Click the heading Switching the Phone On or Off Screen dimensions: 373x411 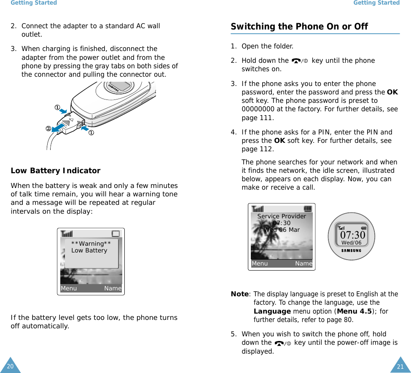pos(299,27)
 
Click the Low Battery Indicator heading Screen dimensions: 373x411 pos(55,171)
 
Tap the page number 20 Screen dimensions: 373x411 pos(10,366)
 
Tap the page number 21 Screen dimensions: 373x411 pos(400,366)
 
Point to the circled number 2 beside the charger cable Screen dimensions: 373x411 pos(49,128)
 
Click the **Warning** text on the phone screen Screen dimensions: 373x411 pos(91,244)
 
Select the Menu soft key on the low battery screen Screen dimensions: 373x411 pos(69,289)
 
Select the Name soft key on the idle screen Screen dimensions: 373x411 pos(304,264)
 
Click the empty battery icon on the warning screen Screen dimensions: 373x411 pos(116,234)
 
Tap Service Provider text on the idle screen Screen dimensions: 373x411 pos(282,216)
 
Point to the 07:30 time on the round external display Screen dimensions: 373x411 pos(352,235)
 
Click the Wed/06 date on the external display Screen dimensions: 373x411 pos(351,243)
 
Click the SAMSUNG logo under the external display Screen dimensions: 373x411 pos(351,251)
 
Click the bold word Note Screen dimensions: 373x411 pos(239,294)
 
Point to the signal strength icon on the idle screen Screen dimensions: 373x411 pos(258,209)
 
